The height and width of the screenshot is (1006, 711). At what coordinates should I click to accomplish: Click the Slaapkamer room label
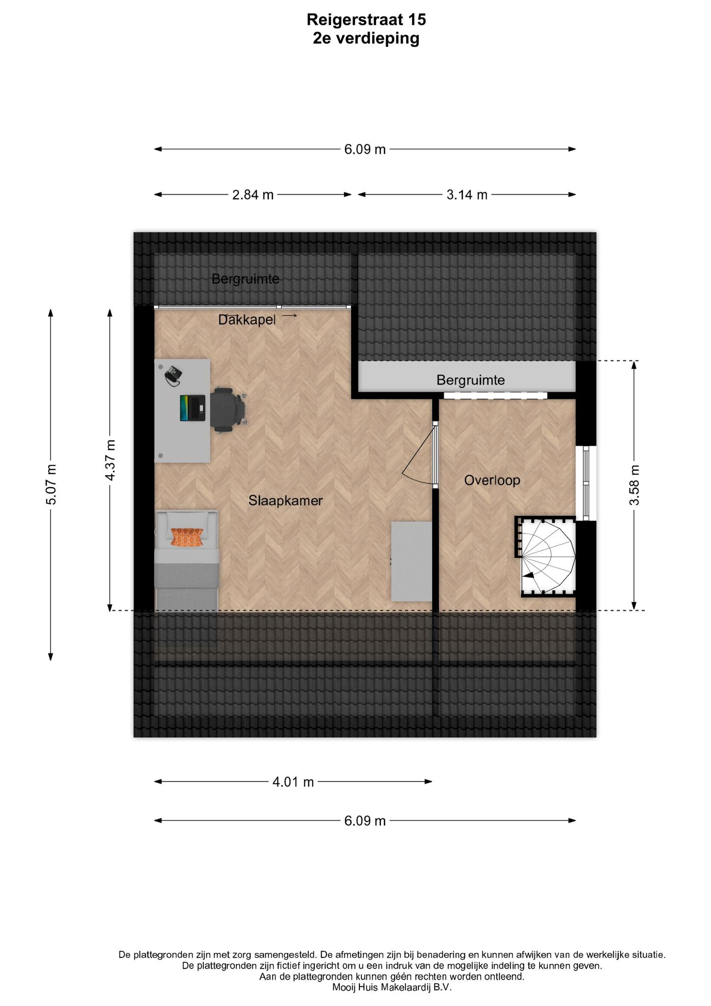click(285, 501)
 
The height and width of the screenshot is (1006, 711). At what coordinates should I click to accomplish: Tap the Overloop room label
click(492, 480)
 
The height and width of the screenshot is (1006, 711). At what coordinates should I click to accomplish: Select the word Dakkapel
click(247, 320)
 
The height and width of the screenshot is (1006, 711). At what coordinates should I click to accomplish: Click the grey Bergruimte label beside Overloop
click(470, 380)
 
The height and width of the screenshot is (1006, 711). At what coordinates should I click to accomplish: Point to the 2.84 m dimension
click(253, 195)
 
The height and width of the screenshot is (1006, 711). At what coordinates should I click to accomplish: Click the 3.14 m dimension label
click(466, 195)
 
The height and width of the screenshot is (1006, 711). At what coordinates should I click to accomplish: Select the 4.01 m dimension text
click(293, 782)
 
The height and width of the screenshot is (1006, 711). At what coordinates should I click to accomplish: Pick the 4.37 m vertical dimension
click(110, 460)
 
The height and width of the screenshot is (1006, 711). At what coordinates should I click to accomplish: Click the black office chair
click(228, 410)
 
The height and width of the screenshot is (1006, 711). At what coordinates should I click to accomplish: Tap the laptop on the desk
click(192, 408)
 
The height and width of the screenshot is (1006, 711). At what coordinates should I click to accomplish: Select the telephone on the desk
click(173, 376)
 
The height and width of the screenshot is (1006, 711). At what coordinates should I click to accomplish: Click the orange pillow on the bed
click(187, 537)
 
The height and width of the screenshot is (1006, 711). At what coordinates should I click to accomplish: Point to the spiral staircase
click(545, 557)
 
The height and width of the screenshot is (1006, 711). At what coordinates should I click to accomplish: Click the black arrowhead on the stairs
click(528, 575)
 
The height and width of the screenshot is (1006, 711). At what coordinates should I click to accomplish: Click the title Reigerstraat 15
click(366, 20)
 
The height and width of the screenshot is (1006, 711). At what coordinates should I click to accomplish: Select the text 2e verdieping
click(366, 38)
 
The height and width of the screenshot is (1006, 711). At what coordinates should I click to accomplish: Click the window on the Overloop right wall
click(586, 483)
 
